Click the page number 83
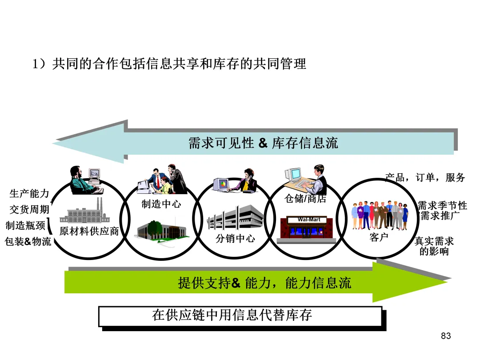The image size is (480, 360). [x=446, y=336]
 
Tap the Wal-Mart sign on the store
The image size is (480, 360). [x=309, y=220]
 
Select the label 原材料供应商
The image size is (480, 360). [x=89, y=232]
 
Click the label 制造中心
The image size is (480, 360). [x=161, y=204]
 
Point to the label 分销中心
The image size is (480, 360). [x=235, y=238]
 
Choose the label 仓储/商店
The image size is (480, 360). [x=305, y=199]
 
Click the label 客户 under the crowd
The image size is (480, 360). [x=379, y=237]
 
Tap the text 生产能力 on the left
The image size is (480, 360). [x=29, y=194]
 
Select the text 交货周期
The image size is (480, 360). [x=29, y=209]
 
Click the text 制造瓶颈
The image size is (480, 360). [x=25, y=225]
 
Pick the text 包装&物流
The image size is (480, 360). [x=28, y=242]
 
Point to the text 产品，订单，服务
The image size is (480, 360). [x=425, y=177]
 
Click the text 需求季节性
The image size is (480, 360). [x=442, y=206]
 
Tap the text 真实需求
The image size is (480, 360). [x=434, y=241]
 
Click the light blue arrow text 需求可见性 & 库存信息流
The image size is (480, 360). [x=263, y=143]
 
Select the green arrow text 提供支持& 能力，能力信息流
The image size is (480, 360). [x=264, y=283]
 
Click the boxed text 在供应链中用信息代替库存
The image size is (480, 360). [x=232, y=315]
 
